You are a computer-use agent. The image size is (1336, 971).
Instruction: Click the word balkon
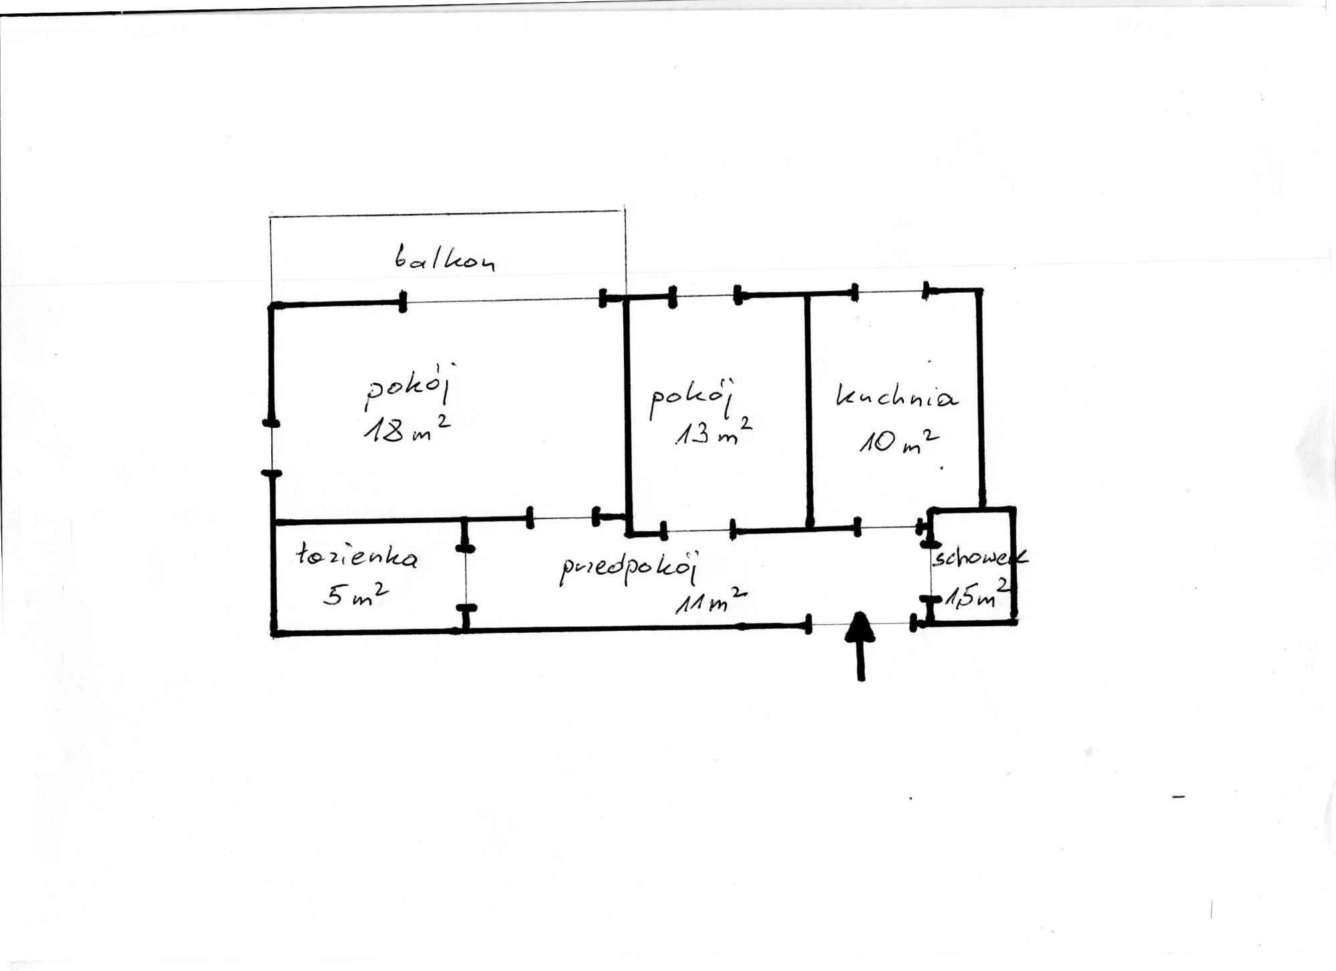[x=444, y=258]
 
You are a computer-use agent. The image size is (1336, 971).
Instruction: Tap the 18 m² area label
[x=407, y=429]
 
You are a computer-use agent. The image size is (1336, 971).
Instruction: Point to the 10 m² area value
[x=899, y=441]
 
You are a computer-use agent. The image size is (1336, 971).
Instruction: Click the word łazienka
[x=357, y=555]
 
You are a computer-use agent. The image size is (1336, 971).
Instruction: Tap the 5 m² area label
[x=356, y=593]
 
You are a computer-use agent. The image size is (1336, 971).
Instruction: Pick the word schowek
[x=980, y=557]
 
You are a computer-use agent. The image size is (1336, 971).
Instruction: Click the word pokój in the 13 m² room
[x=693, y=399]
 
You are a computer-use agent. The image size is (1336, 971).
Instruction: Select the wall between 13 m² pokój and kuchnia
[x=808, y=411]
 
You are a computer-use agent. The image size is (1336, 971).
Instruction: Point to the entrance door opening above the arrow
[x=860, y=625]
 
